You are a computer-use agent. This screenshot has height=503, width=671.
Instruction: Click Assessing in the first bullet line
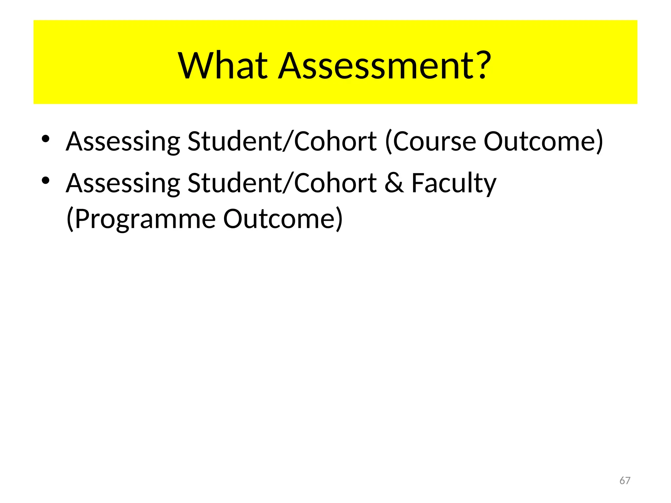click(x=123, y=141)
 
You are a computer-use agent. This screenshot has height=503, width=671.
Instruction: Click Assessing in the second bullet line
click(x=123, y=183)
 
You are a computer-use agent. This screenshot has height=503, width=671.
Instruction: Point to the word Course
click(x=434, y=141)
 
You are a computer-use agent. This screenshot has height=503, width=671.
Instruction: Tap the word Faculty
click(x=454, y=183)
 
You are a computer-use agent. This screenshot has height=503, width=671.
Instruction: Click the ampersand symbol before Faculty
click(x=394, y=183)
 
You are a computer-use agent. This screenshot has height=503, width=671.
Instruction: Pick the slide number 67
click(x=625, y=481)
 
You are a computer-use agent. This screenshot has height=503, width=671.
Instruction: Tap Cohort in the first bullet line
click(x=335, y=141)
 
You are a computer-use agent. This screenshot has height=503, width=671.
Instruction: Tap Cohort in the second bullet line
click(x=335, y=183)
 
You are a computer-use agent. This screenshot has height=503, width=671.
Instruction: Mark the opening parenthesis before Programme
click(x=70, y=219)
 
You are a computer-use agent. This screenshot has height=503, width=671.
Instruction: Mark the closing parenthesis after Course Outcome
click(x=599, y=141)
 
